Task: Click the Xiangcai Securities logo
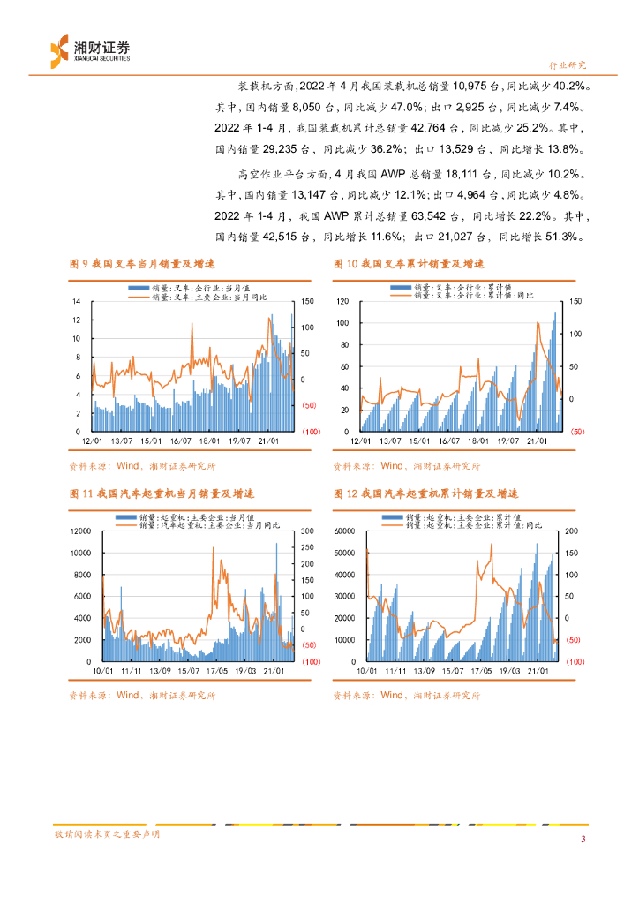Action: pyautogui.click(x=88, y=49)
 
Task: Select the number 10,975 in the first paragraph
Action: pyautogui.click(x=476, y=87)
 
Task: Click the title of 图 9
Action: pyautogui.click(x=143, y=264)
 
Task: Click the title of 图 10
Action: pyautogui.click(x=410, y=264)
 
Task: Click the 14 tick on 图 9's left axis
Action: pyautogui.click(x=77, y=301)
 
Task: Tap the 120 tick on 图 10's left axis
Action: pyautogui.click(x=342, y=301)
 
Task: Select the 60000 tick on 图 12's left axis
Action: pyautogui.click(x=345, y=531)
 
